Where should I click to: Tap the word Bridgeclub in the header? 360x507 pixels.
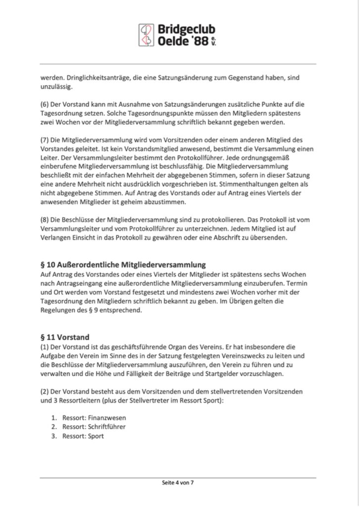[186, 30]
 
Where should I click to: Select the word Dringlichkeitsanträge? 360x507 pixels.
[91, 78]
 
